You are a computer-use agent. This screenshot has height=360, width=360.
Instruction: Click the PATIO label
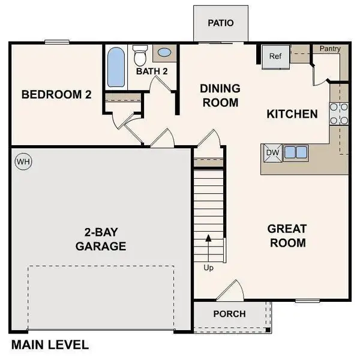point(220,23)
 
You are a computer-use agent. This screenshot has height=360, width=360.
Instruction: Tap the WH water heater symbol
point(23,161)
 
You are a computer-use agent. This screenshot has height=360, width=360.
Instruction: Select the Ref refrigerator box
point(275,57)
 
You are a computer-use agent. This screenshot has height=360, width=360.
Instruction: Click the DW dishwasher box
point(272,152)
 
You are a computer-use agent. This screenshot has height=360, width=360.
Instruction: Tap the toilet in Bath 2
point(140,56)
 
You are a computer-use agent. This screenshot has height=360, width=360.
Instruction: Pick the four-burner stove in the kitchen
point(339,113)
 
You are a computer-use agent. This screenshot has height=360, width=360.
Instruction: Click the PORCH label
point(229,314)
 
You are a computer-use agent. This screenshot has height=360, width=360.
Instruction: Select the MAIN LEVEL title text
point(50,345)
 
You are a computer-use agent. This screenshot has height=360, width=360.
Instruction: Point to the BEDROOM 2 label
point(56,94)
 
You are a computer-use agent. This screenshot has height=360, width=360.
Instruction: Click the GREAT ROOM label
point(287,236)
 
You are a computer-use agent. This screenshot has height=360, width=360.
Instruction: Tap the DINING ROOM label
point(220,95)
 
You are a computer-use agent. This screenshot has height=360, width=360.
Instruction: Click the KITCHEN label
point(292,113)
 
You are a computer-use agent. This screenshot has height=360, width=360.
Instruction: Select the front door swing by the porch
point(229,292)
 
